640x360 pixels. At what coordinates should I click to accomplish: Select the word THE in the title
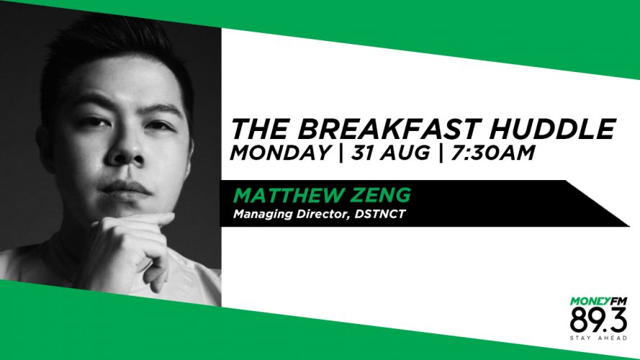point(258,129)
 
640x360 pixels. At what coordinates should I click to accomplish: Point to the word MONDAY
point(280,153)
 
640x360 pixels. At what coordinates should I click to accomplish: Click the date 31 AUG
point(390,153)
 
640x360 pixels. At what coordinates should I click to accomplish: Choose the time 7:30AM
point(492,153)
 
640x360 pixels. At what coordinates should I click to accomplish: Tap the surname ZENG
point(383,195)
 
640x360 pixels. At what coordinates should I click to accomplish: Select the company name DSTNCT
point(380,214)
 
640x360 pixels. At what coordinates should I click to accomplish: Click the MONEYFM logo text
point(598,301)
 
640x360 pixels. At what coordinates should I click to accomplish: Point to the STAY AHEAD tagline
point(598,338)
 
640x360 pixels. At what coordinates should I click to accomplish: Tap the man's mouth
point(126,188)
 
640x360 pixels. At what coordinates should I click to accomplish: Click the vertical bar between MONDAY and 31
point(341,153)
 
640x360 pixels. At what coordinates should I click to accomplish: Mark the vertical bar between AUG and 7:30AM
point(441,153)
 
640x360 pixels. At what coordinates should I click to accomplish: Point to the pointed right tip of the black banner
point(629,225)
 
